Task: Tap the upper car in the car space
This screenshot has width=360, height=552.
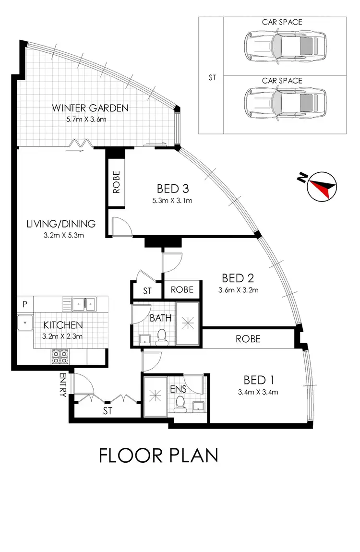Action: [281, 47]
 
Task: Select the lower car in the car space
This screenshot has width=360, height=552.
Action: [281, 102]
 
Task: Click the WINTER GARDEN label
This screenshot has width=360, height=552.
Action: [91, 108]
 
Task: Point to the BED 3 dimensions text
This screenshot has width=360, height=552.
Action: [171, 201]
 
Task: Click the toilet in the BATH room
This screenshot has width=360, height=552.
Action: [162, 337]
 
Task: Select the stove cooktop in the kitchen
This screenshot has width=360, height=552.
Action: [60, 356]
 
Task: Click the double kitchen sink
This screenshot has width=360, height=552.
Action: [84, 303]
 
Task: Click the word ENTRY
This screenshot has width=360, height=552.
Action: [63, 385]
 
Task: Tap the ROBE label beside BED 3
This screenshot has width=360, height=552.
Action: [116, 182]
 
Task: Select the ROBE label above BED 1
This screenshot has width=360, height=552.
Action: [248, 339]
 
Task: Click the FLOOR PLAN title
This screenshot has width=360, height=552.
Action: [158, 455]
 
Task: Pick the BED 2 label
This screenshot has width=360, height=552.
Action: [238, 278]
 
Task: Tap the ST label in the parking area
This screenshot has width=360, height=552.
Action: [212, 76]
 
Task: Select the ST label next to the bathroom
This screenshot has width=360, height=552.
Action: [147, 291]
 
